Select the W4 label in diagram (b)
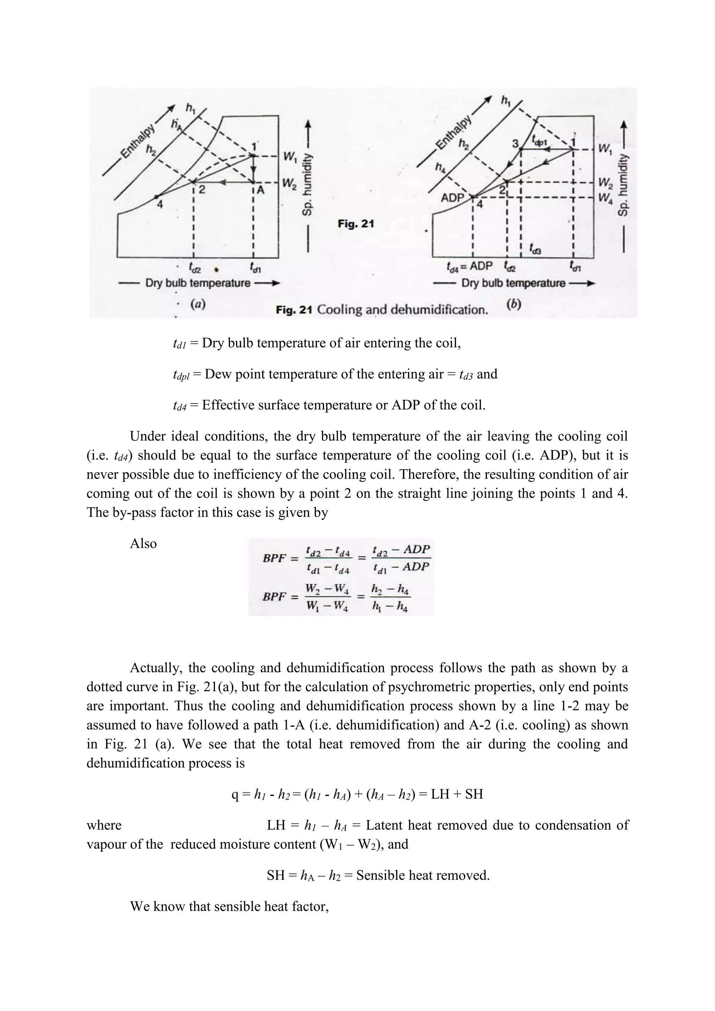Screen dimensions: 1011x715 coord(605,199)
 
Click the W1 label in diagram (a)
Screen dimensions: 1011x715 coord(290,156)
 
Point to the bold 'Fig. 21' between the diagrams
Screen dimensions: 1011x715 coord(356,224)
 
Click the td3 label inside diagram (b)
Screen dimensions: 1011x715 coord(535,249)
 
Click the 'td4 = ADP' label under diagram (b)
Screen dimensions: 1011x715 coord(469,266)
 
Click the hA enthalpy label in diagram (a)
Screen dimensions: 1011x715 coord(176,124)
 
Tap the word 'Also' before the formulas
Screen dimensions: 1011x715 coord(143,543)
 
